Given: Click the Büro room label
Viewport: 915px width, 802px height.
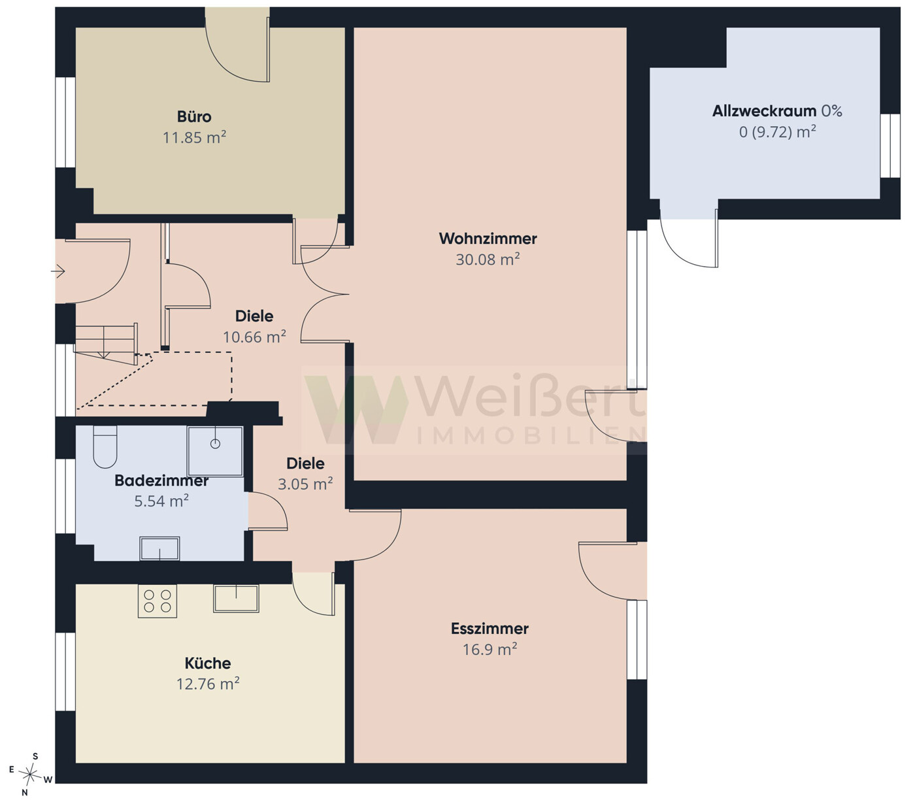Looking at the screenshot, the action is click(x=193, y=116).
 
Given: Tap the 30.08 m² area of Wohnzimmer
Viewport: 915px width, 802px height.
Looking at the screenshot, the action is click(x=488, y=259).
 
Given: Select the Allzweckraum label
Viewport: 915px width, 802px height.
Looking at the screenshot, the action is click(x=764, y=110).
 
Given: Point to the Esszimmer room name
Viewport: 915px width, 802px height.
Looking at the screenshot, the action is click(x=490, y=629).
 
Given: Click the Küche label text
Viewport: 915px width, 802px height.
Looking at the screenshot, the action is click(x=208, y=663).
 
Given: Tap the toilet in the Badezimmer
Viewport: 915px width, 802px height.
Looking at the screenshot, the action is click(x=105, y=446).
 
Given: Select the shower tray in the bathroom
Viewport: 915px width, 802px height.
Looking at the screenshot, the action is click(x=215, y=451).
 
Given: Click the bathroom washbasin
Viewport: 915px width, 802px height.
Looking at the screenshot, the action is click(x=159, y=548).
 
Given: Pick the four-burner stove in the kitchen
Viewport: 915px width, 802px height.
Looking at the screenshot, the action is click(x=157, y=601).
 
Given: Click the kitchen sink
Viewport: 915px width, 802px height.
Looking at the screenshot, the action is click(x=236, y=598).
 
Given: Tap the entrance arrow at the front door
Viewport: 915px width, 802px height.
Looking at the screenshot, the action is click(x=58, y=271).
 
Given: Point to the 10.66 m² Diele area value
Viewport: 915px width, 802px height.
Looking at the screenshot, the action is click(x=254, y=337).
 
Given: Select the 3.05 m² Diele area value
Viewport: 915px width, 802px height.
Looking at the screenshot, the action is click(x=305, y=484).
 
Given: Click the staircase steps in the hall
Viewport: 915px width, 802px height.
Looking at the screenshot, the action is click(x=106, y=343).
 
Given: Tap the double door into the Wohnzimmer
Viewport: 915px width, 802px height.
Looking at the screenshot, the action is click(x=325, y=293).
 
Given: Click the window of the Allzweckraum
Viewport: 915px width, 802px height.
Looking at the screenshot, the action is click(x=890, y=146).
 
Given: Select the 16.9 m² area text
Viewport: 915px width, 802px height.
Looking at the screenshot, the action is click(x=490, y=649).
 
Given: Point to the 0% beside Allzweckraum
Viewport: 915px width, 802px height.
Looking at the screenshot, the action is click(x=831, y=110).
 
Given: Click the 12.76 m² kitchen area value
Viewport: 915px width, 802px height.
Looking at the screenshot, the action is click(x=208, y=684).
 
